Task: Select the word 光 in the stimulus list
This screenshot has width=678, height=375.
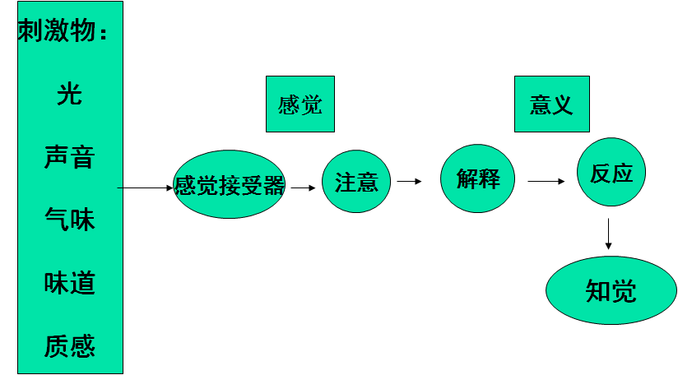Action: click(70, 94)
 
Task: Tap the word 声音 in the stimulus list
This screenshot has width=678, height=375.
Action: click(70, 156)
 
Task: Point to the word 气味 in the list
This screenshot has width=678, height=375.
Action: click(70, 220)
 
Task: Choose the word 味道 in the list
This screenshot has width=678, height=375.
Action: click(70, 283)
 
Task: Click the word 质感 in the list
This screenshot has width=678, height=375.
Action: click(70, 346)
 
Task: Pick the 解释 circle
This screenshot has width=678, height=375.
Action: click(478, 178)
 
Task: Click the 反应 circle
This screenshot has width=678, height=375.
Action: click(611, 173)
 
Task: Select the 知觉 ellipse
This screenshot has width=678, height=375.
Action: click(611, 290)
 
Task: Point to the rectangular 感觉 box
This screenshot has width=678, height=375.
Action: click(300, 104)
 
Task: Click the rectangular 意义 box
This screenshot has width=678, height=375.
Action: click(551, 104)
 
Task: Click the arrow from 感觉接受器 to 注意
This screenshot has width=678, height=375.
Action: click(304, 187)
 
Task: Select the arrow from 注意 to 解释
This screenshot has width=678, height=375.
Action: click(409, 181)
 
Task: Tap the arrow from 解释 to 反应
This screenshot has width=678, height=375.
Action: click(546, 181)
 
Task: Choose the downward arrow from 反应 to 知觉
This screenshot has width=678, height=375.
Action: click(608, 234)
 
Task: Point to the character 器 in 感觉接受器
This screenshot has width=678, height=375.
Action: click(274, 186)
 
